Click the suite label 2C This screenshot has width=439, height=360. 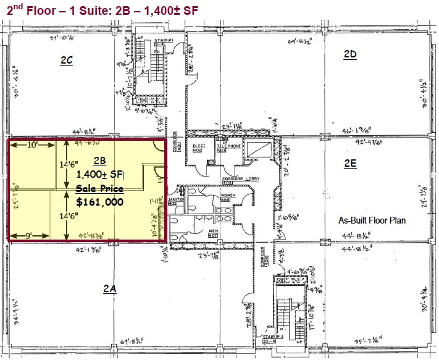pos(67,61)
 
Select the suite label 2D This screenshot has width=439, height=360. pos(350,54)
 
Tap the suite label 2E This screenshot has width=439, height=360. pos(350,164)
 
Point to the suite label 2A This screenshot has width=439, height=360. pos(110,288)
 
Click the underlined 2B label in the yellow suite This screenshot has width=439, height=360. pos(100,164)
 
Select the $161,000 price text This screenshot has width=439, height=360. pos(99,202)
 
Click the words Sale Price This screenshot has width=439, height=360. pos(100,188)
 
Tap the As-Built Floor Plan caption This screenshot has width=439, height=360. pos(372,220)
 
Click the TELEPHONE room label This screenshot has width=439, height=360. pos(230,148)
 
